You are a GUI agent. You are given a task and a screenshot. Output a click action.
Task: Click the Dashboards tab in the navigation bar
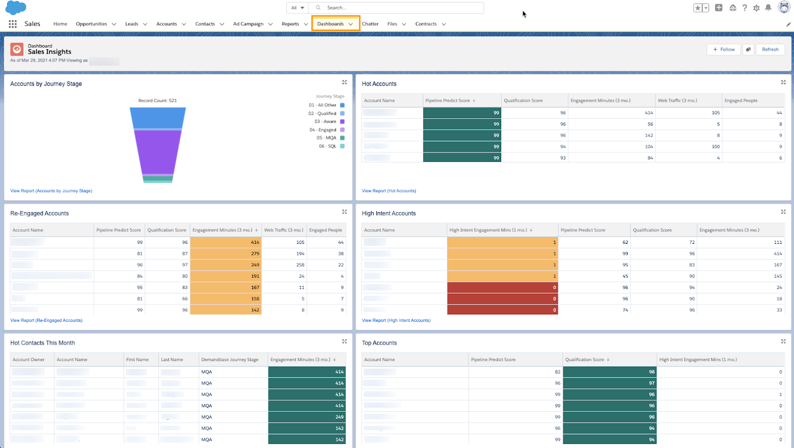331,24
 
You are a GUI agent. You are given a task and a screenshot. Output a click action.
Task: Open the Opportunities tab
91,24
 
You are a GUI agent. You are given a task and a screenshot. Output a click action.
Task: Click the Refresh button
770,50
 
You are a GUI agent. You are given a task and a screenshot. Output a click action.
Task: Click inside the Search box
397,8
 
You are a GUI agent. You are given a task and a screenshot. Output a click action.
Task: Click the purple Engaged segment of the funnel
158,151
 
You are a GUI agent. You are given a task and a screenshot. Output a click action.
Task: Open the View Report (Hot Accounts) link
389,191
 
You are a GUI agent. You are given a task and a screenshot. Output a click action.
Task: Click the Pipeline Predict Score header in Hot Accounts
448,101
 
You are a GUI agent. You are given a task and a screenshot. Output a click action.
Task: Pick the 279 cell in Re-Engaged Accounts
226,254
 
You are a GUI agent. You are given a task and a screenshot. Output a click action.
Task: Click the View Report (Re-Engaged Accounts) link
46,320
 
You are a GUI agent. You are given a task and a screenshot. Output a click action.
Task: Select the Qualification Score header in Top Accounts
585,360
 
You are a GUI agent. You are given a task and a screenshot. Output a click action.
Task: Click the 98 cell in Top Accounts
609,372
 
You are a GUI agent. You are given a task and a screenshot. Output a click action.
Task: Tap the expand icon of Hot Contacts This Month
344,342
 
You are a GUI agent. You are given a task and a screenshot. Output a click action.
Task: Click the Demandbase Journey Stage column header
230,360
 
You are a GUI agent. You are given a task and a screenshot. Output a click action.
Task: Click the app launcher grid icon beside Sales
13,24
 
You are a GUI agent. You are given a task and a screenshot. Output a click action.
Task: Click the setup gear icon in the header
756,8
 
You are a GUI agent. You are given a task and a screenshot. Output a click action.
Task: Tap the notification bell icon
768,8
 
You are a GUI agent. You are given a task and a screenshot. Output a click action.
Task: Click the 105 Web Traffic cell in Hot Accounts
688,113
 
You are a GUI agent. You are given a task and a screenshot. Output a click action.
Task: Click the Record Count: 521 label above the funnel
157,101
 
